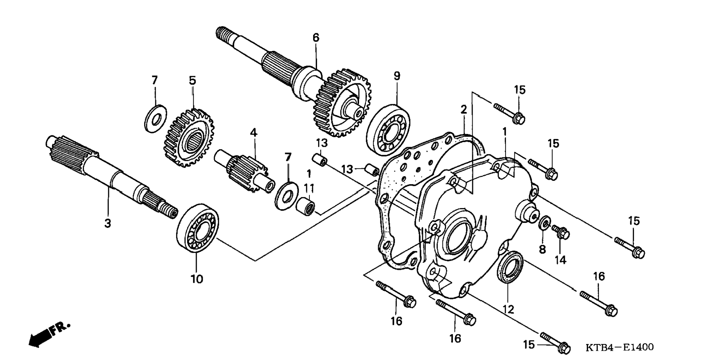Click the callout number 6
(316, 38)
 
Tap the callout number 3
(108, 223)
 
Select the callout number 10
(197, 279)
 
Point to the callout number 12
(508, 309)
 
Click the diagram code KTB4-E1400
(619, 348)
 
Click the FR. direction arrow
(48, 334)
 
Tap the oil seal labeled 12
(510, 267)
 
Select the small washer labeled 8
(544, 223)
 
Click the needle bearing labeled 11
(306, 206)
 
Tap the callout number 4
(253, 132)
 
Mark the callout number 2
(464, 109)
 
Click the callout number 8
(542, 249)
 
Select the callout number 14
(560, 260)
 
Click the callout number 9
(396, 76)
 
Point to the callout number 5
(192, 80)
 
